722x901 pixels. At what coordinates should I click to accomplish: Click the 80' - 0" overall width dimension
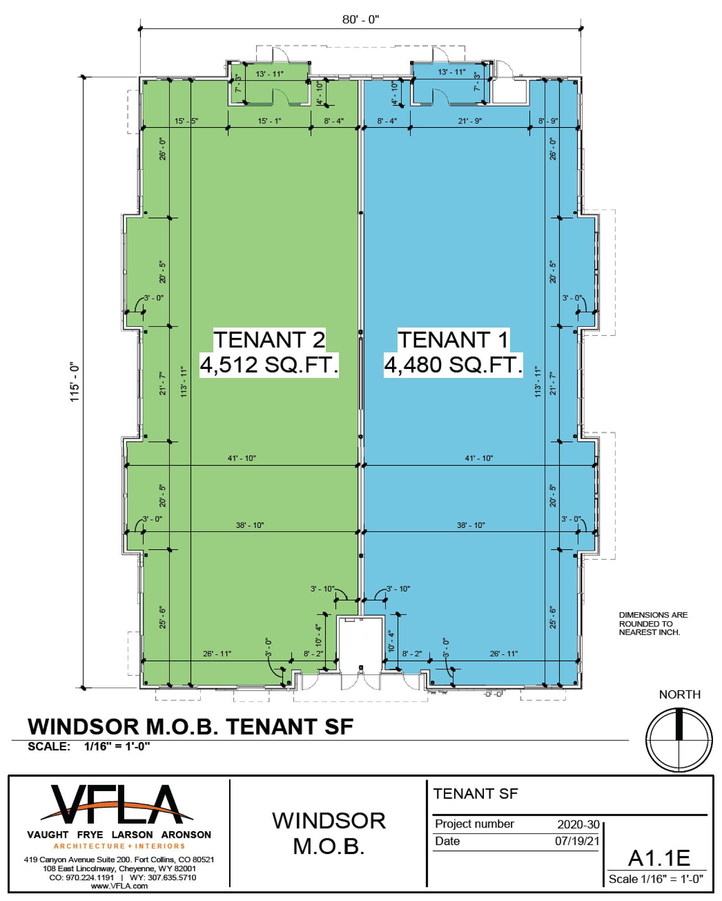[x=361, y=20]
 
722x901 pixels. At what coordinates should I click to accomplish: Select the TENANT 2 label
[x=269, y=339]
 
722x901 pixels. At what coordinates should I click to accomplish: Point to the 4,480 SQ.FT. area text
[x=453, y=364]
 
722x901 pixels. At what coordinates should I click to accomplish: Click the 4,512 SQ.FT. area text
[x=269, y=364]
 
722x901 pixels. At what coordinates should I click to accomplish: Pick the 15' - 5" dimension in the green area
[x=186, y=121]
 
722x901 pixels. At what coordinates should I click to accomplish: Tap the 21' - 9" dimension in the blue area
[x=470, y=121]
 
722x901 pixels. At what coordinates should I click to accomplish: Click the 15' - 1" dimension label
[x=270, y=121]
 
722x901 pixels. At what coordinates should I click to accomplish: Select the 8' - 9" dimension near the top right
[x=548, y=121]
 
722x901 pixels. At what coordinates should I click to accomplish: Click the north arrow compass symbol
[x=679, y=740]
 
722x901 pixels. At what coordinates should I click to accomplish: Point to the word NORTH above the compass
[x=680, y=695]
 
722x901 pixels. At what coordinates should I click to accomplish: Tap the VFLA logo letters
[x=117, y=804]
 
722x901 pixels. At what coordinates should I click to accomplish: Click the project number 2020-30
[x=578, y=824]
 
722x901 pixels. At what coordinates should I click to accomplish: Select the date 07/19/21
[x=578, y=841]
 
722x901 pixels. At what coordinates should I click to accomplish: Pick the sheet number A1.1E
[x=659, y=858]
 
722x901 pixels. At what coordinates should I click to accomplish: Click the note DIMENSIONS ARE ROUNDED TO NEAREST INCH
[x=653, y=623]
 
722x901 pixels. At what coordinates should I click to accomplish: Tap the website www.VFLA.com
[x=119, y=886]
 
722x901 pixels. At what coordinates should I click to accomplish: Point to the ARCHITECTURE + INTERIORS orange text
[x=119, y=846]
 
